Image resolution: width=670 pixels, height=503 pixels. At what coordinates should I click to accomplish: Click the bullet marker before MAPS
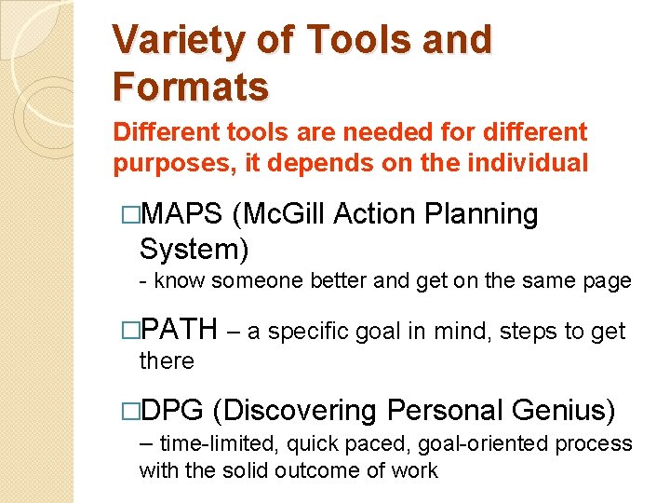tap(130, 215)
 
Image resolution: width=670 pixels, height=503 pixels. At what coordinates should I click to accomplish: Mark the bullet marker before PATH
tap(130, 330)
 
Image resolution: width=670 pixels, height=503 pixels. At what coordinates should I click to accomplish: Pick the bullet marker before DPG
tap(130, 411)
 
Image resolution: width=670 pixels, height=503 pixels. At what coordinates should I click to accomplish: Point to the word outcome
tap(336, 470)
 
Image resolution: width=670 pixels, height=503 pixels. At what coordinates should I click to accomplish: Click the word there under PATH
tap(167, 360)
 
